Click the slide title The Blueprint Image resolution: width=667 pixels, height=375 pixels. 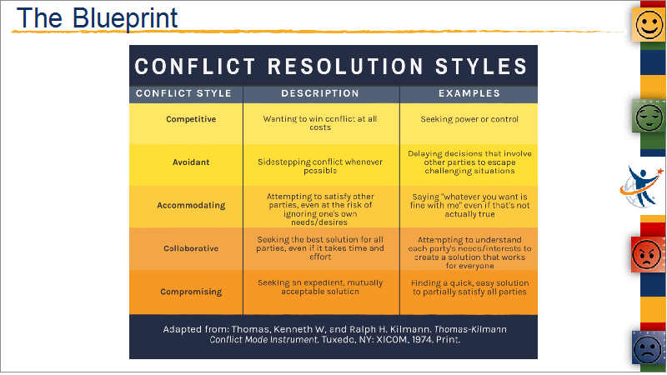pyautogui.click(x=97, y=18)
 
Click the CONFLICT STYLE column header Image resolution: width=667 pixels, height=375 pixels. pyautogui.click(x=183, y=93)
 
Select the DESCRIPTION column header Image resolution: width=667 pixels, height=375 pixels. pyautogui.click(x=320, y=93)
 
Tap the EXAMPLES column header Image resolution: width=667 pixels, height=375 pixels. pyautogui.click(x=469, y=93)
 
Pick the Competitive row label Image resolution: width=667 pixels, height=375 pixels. pyautogui.click(x=191, y=119)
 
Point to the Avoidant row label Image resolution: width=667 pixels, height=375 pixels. pyautogui.click(x=191, y=162)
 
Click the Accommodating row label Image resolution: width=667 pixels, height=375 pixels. pyautogui.click(x=191, y=205)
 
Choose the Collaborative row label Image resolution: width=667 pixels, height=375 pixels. pyautogui.click(x=191, y=248)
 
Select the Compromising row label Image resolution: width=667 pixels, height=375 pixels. pyautogui.click(x=191, y=292)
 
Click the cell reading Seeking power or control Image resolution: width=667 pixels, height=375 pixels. pyautogui.click(x=469, y=119)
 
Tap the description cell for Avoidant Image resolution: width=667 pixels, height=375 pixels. pyautogui.click(x=320, y=166)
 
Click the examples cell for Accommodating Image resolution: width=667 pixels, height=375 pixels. pyautogui.click(x=469, y=205)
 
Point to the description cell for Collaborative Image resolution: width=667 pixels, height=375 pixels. pyautogui.click(x=320, y=248)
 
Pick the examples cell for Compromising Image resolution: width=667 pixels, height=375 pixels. pyautogui.click(x=469, y=287)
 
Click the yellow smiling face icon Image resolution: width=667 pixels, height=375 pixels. pyautogui.click(x=649, y=25)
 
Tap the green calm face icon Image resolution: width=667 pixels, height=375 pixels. pyautogui.click(x=649, y=117)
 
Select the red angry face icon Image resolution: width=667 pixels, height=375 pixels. pyautogui.click(x=648, y=254)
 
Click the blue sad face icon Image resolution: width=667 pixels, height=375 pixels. pyautogui.click(x=649, y=348)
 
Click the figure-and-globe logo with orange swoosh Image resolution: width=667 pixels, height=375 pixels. pyautogui.click(x=641, y=187)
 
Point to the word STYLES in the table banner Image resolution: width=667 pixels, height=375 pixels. pyautogui.click(x=481, y=67)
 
